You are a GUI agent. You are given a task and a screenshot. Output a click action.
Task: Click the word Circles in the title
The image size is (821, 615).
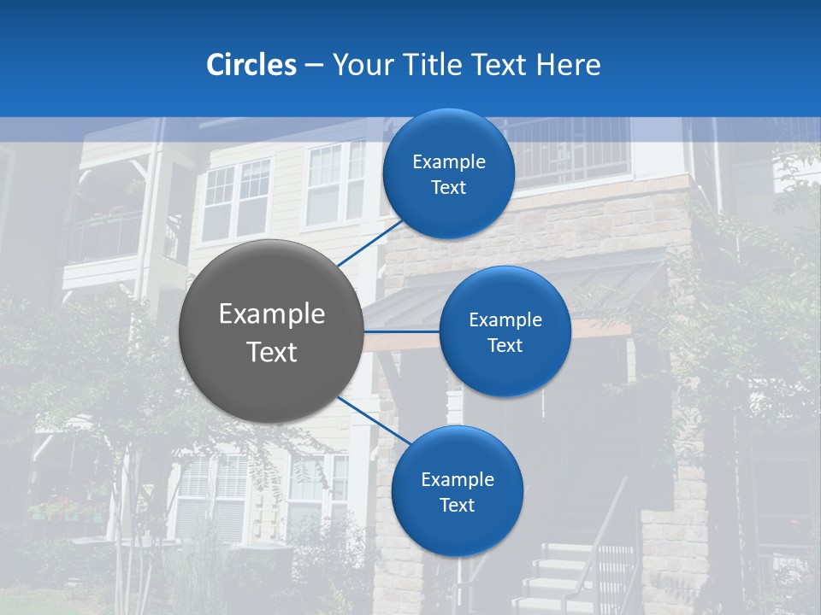251,65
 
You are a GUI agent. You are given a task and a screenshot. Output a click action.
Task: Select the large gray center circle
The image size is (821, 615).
271,331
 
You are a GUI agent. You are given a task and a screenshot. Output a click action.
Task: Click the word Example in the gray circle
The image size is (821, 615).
271,314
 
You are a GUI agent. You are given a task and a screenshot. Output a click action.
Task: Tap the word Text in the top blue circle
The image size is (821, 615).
448,188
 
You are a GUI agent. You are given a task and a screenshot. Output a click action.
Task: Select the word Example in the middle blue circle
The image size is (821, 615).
505,320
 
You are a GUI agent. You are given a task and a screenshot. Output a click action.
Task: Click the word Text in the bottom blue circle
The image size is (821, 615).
457,506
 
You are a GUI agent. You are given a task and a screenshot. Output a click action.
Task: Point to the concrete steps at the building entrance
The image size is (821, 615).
556,581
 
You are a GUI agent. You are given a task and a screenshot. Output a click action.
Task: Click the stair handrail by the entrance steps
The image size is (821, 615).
599,530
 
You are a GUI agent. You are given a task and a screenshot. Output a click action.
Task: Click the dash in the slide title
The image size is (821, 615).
313,66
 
